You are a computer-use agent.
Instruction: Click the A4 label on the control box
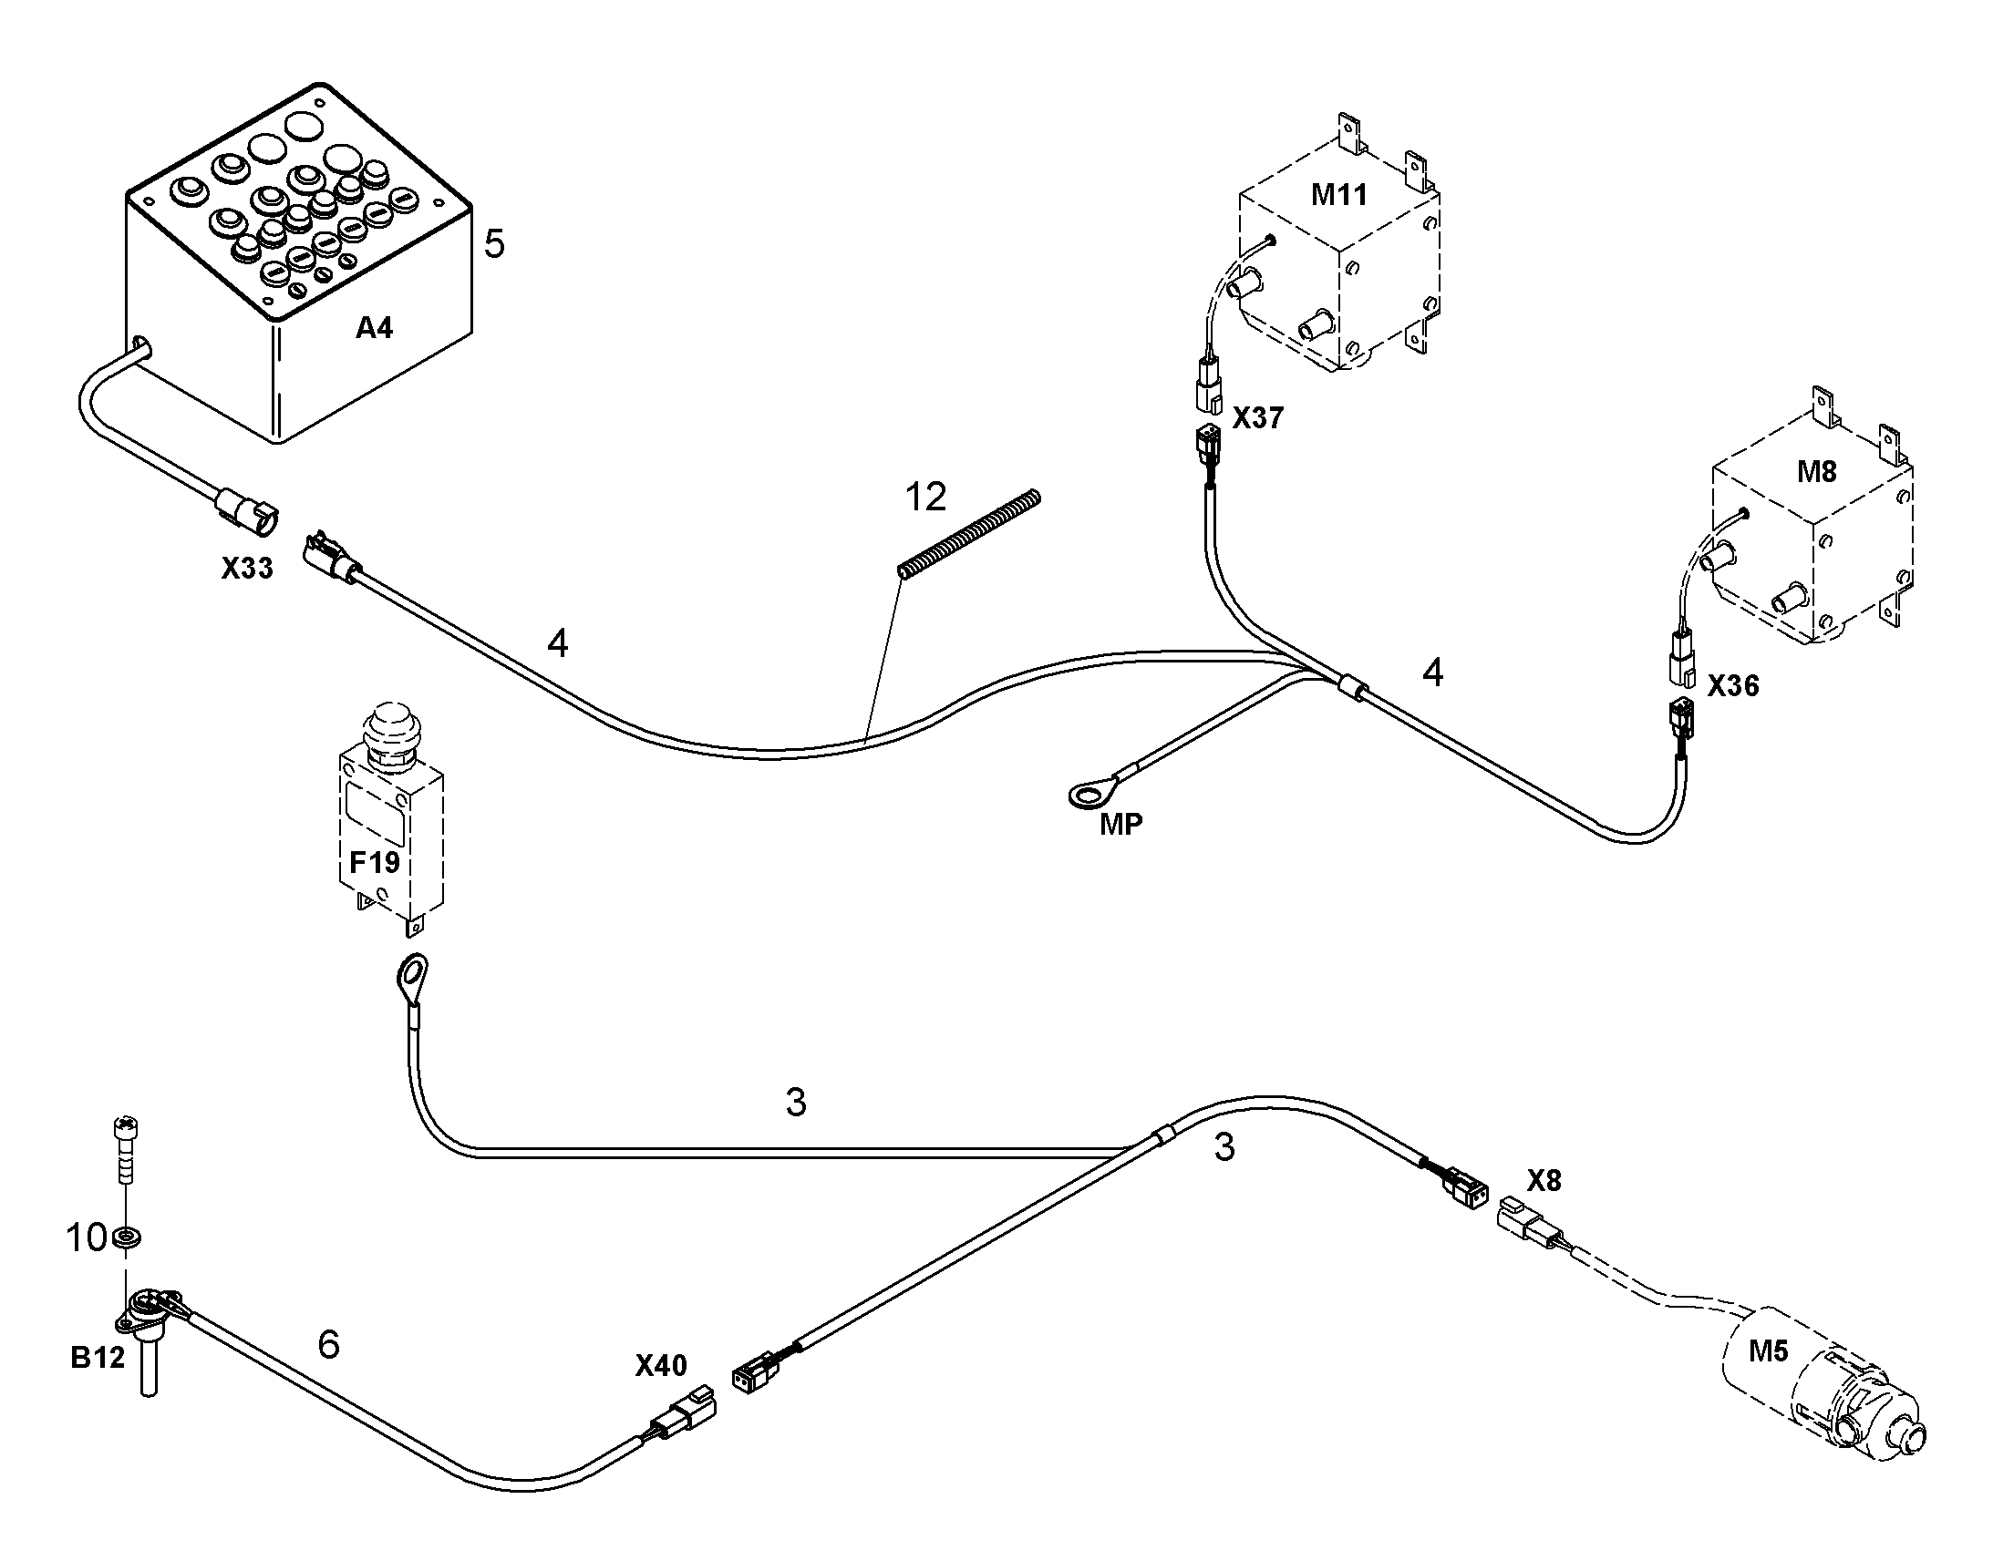[374, 327]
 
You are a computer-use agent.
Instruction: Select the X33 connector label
[247, 569]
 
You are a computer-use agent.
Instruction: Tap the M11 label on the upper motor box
[1339, 194]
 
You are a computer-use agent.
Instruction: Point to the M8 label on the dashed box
[1816, 472]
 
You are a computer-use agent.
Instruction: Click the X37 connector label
[1258, 418]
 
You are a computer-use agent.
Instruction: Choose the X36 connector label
[1733, 685]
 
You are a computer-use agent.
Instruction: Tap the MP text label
[1120, 825]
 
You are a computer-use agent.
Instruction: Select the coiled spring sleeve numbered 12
[969, 535]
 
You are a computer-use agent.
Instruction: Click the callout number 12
[925, 498]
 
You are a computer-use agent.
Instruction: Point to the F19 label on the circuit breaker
[375, 862]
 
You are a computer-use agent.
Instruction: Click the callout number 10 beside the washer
[86, 1238]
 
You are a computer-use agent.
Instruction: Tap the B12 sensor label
[97, 1358]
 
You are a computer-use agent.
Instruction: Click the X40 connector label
[661, 1365]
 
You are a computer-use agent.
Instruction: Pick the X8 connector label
[1544, 1181]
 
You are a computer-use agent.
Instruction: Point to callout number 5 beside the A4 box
[493, 244]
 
